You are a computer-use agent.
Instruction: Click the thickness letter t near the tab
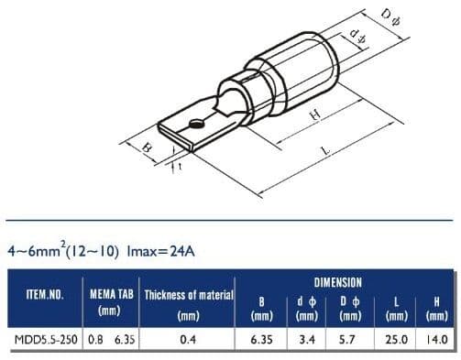pos(181,167)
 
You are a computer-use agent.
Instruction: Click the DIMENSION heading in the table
pos(337,283)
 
